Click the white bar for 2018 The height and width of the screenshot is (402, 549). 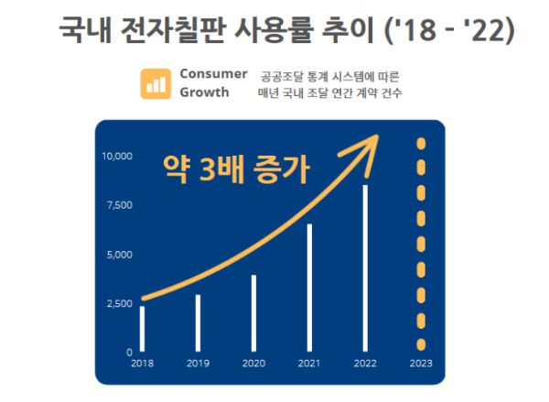click(142, 329)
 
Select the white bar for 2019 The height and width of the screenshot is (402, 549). click(198, 323)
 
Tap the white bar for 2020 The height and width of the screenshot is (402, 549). click(253, 313)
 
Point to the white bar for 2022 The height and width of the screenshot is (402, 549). click(365, 268)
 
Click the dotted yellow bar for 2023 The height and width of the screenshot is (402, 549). click(421, 244)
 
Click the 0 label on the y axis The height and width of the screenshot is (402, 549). click(130, 352)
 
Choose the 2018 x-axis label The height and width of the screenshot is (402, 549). click(142, 364)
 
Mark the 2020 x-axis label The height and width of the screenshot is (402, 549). click(253, 364)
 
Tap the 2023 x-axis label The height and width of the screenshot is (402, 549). click(421, 364)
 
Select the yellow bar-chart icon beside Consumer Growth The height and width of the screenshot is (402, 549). click(156, 83)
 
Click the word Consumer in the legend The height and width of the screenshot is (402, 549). click(213, 74)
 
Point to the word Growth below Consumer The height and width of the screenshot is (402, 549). click(204, 92)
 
